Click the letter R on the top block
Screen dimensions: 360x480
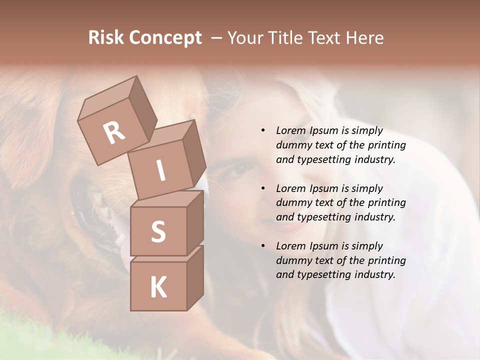coord(114,132)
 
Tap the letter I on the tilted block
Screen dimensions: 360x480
coord(160,171)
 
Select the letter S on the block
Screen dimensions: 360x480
coord(158,231)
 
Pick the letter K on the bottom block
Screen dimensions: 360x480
coord(158,287)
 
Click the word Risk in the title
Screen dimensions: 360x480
coord(106,38)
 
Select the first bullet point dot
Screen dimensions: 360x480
coord(263,131)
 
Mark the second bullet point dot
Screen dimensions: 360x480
coord(263,188)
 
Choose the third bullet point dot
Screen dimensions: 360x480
coord(263,246)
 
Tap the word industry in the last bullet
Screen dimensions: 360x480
coord(374,274)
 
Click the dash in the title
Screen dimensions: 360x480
coord(216,38)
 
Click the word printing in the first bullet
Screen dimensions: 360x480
coord(386,145)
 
